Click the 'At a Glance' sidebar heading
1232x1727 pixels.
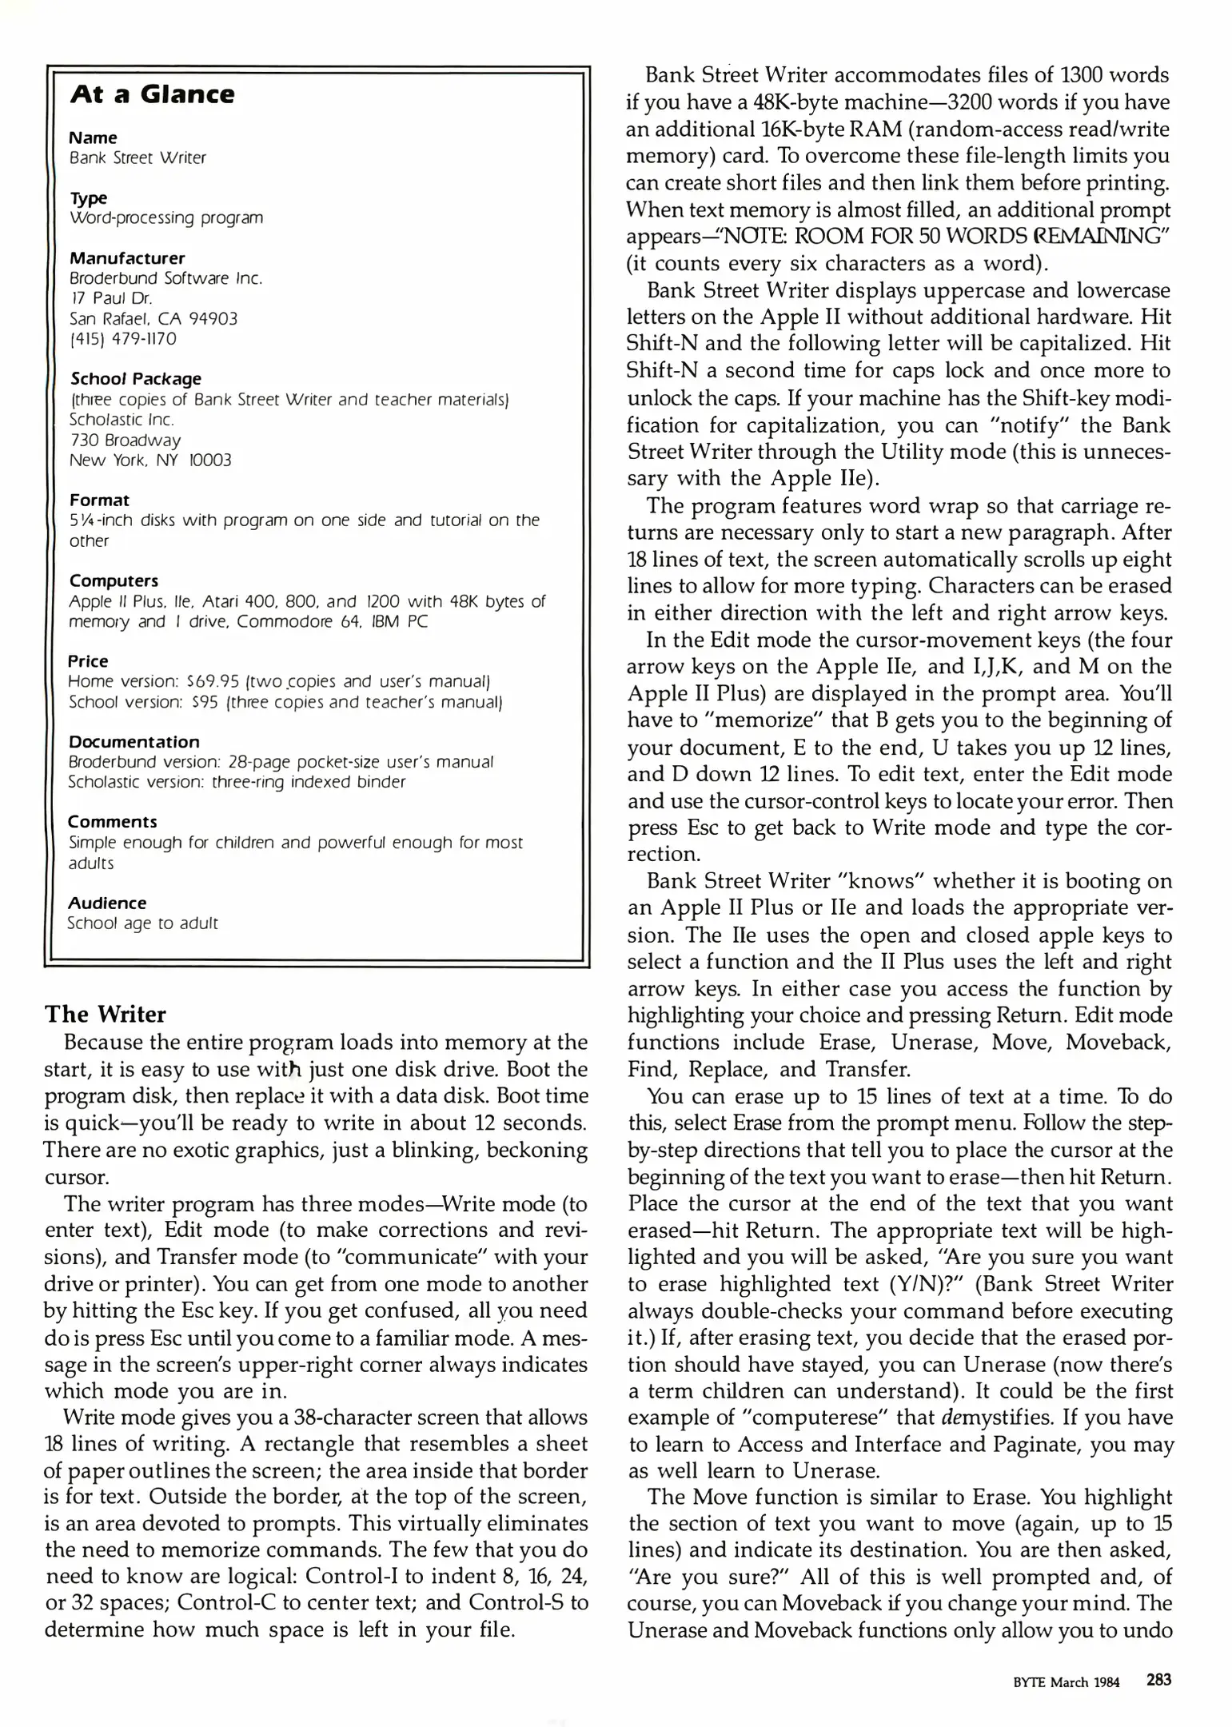click(x=152, y=94)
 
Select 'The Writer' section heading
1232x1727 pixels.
click(x=105, y=1014)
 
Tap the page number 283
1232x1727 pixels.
click(x=1158, y=1680)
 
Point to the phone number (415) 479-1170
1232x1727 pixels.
click(x=122, y=339)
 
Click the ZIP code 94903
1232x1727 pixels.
click(x=212, y=319)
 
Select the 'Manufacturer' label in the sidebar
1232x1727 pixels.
click(x=126, y=258)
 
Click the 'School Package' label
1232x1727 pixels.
click(x=135, y=379)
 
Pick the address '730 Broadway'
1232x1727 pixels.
click(x=125, y=440)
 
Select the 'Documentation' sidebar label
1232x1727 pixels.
click(x=134, y=742)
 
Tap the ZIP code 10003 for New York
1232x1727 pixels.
click(x=209, y=461)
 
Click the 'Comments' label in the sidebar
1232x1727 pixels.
click(x=112, y=822)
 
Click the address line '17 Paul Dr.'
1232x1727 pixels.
click(x=110, y=299)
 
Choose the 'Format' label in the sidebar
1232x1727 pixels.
click(x=99, y=501)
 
